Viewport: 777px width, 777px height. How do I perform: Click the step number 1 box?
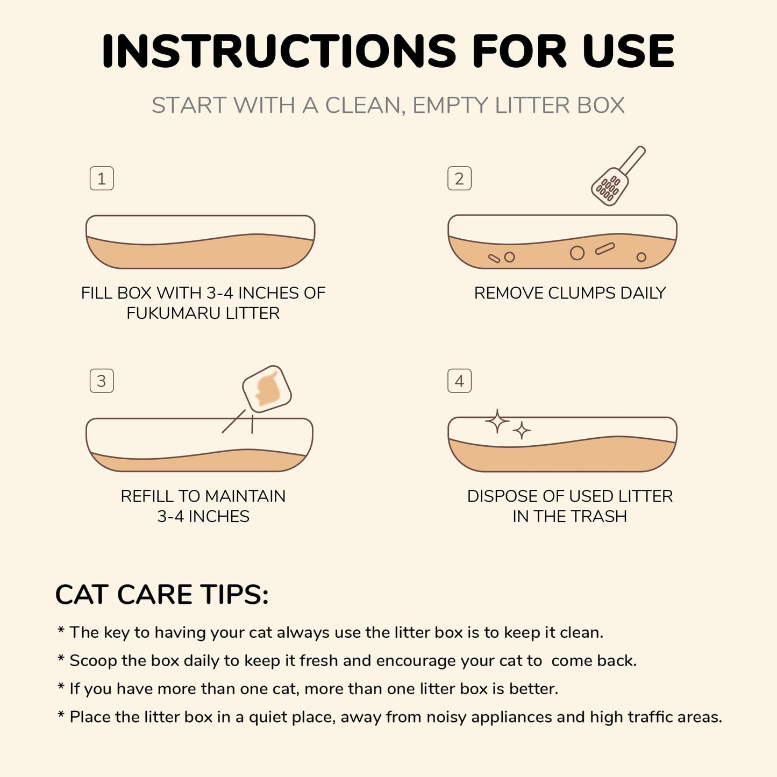click(102, 179)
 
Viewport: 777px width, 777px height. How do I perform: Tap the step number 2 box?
click(459, 179)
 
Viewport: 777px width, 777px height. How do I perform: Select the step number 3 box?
click(102, 381)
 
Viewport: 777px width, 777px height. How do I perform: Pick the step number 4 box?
click(459, 381)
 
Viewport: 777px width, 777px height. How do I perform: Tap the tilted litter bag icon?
click(267, 389)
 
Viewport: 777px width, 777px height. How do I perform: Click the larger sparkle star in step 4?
click(497, 421)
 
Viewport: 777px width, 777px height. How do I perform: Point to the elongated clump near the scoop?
click(605, 248)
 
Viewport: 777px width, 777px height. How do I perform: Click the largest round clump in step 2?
click(577, 253)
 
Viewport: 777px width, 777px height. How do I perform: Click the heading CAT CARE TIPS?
click(161, 595)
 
